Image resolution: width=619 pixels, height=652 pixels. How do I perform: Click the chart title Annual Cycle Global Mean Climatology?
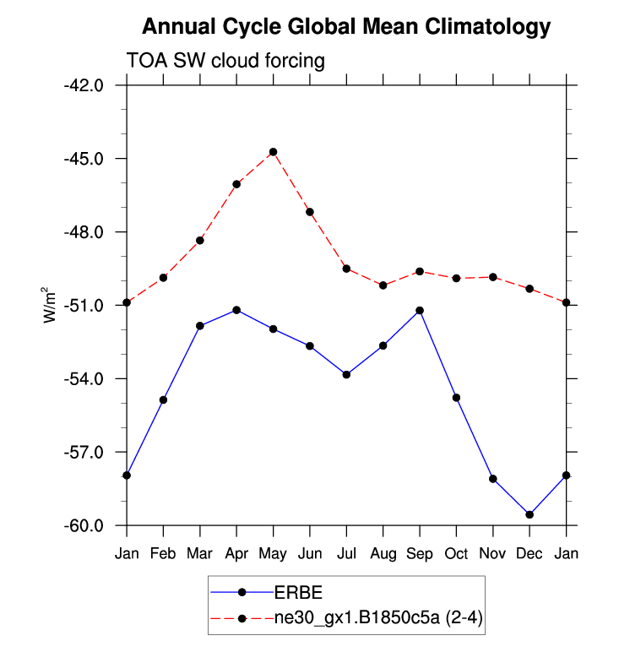click(x=345, y=27)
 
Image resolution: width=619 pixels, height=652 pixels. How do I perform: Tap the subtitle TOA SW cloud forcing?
click(x=225, y=62)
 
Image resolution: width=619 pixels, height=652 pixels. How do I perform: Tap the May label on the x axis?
click(x=273, y=554)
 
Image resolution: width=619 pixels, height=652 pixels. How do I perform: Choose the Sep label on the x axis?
click(x=420, y=554)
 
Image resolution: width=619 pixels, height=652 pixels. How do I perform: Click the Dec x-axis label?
click(x=529, y=554)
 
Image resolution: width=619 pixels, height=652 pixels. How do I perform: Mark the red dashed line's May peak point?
click(x=273, y=152)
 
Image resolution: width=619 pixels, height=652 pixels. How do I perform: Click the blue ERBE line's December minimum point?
click(x=529, y=514)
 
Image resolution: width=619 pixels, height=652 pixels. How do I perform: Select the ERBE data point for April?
click(x=236, y=310)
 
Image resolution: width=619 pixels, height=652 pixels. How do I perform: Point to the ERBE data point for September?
click(x=420, y=311)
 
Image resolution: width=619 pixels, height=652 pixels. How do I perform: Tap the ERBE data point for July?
click(x=346, y=374)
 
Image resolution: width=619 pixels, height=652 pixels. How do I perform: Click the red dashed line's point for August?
click(x=383, y=285)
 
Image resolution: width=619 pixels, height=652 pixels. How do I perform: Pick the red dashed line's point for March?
click(x=200, y=241)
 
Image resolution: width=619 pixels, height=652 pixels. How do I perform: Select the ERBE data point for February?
click(x=163, y=399)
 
